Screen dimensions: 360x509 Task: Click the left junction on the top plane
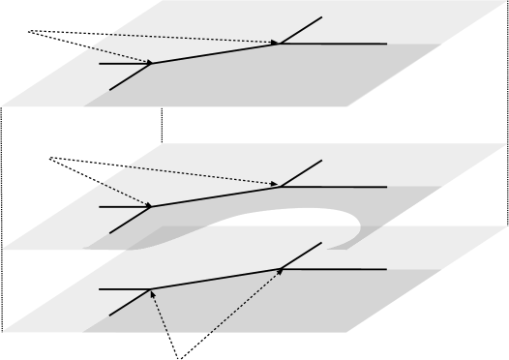coord(151,64)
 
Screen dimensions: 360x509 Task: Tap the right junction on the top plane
coord(282,44)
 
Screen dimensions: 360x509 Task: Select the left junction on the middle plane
coord(151,206)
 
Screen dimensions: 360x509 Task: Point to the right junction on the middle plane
coord(282,186)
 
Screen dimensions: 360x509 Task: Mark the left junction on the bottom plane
coord(151,289)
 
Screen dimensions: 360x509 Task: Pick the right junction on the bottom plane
coord(282,269)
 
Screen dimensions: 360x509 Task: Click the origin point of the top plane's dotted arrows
coord(29,32)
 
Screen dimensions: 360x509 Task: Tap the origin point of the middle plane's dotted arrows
coord(48,157)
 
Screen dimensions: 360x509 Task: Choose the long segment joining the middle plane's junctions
coord(217,195)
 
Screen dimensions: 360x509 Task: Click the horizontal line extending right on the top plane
coord(339,44)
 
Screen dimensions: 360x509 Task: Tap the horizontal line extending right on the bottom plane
coord(339,269)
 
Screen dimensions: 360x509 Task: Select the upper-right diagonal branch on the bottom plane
coord(302,254)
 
